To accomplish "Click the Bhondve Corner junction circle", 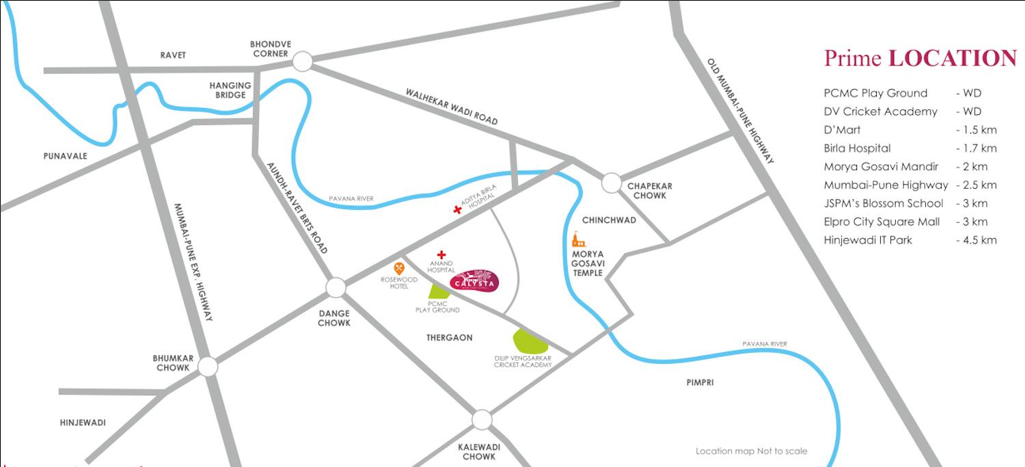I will (302, 62).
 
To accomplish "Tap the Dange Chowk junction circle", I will (336, 288).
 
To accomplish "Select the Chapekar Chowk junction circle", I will (612, 183).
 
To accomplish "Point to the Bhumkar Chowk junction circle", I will (208, 366).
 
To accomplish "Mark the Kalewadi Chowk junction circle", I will (482, 419).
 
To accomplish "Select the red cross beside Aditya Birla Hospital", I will (457, 210).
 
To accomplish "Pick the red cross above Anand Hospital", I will (441, 255).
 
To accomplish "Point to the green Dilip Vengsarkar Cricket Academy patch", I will (530, 341).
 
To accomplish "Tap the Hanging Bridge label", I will (230, 90).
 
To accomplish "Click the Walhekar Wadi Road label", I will (452, 106).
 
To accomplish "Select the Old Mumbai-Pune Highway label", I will (741, 111).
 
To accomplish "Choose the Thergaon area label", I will (449, 338).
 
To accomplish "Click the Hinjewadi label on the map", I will (83, 423).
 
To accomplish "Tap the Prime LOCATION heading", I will (920, 58).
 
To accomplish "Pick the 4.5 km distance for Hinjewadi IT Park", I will (978, 240).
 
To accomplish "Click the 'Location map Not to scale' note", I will (751, 451).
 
